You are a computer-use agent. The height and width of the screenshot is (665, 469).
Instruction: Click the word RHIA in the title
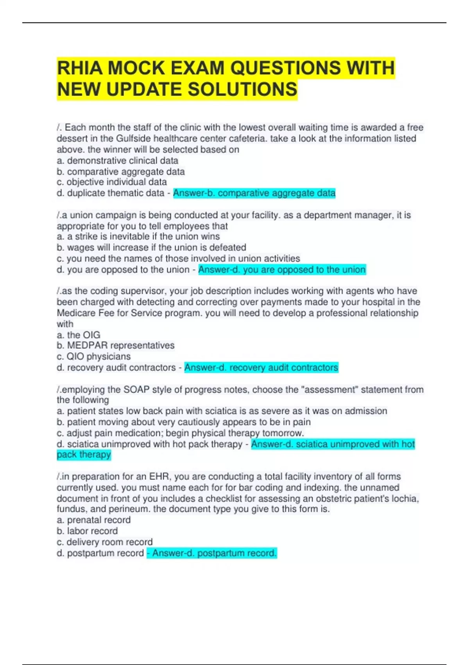pos(80,68)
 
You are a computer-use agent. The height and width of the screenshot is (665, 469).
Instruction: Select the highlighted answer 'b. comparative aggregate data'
pos(254,193)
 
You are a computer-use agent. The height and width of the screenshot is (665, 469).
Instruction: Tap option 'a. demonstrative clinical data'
pos(118,161)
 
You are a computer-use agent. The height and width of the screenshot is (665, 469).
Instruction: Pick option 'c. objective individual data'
pos(112,182)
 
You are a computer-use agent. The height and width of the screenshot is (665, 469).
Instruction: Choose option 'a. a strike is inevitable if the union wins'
pos(138,237)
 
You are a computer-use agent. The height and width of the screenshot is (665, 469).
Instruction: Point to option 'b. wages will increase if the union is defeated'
pos(151,248)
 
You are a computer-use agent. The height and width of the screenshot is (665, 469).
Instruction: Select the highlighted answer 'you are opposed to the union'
pos(282,270)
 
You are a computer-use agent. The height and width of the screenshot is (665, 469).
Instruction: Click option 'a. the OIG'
pos(79,335)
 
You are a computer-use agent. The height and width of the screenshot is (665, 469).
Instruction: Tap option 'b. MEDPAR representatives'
pos(116,346)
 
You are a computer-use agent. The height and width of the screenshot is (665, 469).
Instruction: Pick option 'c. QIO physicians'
pos(94,357)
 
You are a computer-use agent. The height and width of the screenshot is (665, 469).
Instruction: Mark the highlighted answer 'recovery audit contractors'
pos(261,368)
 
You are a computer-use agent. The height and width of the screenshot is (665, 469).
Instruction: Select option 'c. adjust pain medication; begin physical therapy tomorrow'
pos(180,433)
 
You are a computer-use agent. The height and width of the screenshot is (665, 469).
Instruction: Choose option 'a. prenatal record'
pos(94,520)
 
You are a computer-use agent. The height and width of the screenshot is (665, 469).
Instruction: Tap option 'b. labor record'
pos(87,531)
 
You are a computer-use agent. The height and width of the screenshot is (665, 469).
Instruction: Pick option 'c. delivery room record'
pos(105,542)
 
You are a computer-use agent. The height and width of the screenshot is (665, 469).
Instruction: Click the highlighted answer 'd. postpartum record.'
pos(212,553)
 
